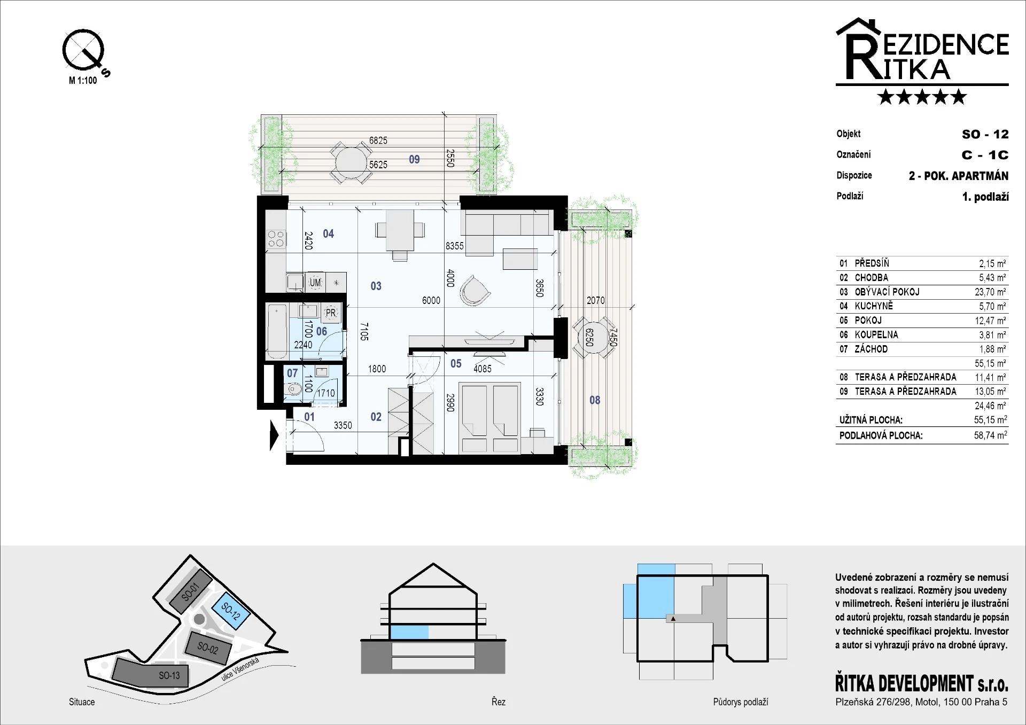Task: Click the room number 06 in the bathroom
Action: coord(321,331)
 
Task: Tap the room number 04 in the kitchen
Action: coord(328,233)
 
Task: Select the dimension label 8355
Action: coord(455,246)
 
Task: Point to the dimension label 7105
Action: coord(364,331)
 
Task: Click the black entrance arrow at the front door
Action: coord(274,435)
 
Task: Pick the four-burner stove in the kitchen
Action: coord(276,239)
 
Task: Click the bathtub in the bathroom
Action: coord(277,331)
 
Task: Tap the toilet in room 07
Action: coord(293,389)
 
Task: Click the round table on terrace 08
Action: coord(593,338)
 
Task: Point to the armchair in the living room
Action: coord(474,290)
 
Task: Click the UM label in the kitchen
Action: coord(315,283)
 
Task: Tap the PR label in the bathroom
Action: coord(331,313)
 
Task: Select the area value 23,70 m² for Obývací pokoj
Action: coord(990,292)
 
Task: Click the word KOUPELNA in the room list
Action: coord(876,334)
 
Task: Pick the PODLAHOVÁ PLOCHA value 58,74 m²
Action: coord(990,435)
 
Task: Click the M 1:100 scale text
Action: coord(83,80)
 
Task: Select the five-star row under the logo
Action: coord(922,97)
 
